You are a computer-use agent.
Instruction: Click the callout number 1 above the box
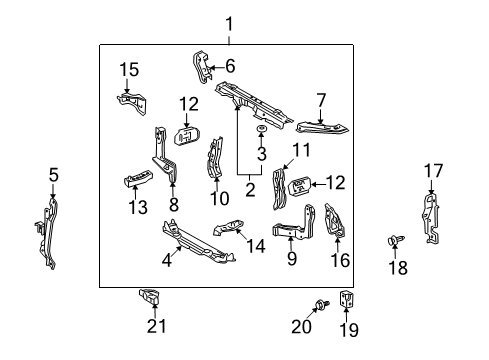point(228,22)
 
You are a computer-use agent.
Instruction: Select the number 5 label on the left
point(53,176)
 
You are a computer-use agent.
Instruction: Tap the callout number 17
point(432,171)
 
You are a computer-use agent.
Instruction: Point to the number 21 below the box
point(153,327)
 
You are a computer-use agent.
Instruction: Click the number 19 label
point(349,329)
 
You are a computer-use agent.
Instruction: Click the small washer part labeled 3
point(261,132)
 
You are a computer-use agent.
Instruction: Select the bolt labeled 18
point(393,241)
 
